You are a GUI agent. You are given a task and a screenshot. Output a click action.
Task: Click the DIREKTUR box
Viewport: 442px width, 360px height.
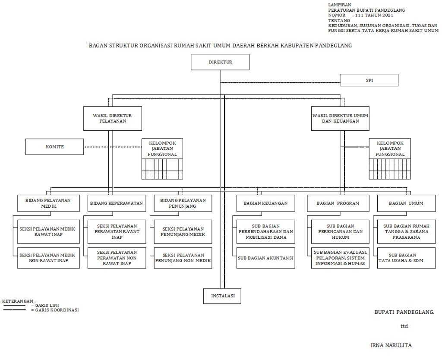pyautogui.click(x=220, y=62)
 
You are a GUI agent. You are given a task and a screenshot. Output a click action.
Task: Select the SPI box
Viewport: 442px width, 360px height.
pyautogui.click(x=369, y=80)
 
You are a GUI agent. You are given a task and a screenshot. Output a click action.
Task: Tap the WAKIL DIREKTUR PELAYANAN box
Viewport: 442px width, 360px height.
pyautogui.click(x=112, y=119)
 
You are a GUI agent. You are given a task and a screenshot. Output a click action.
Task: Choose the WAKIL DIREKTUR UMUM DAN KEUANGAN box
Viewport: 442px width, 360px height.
pyautogui.click(x=340, y=119)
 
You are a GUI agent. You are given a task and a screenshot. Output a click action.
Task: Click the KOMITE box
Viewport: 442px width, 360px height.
pyautogui.click(x=54, y=147)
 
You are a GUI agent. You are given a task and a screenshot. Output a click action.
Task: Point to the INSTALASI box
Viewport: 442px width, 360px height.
pyautogui.click(x=222, y=296)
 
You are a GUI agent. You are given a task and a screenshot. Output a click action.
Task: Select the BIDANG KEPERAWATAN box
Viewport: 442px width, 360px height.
pyautogui.click(x=117, y=203)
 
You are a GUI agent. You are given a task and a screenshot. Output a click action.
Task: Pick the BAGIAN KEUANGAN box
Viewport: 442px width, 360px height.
pyautogui.click(x=265, y=203)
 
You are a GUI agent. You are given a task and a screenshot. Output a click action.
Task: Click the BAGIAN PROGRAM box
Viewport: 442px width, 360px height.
pyautogui.click(x=338, y=203)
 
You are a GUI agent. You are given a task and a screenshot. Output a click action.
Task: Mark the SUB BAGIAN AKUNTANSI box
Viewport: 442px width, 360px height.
pyautogui.click(x=265, y=258)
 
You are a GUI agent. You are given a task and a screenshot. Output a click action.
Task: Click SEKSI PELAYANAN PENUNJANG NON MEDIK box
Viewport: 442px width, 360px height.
pyautogui.click(x=183, y=258)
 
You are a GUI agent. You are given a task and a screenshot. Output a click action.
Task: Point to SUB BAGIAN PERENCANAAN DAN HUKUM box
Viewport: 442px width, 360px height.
pyautogui.click(x=341, y=232)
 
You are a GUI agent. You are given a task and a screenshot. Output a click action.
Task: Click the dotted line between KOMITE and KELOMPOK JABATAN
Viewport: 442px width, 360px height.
pyautogui.click(x=112, y=147)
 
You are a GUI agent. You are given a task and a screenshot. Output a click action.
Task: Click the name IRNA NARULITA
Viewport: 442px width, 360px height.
pyautogui.click(x=391, y=345)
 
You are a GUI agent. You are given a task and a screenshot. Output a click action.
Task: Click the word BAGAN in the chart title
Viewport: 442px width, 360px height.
pyautogui.click(x=97, y=45)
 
